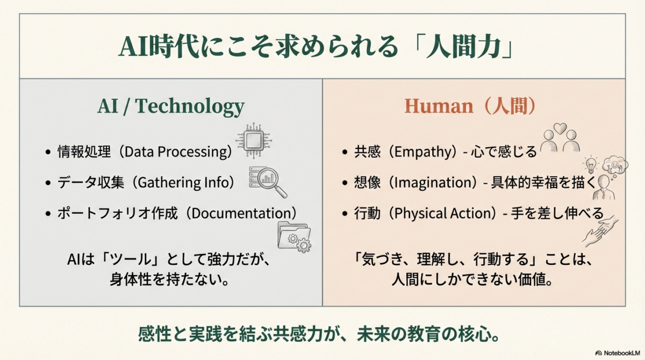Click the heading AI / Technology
[x=171, y=106]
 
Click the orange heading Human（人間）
[x=470, y=106]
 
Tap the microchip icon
[x=254, y=140]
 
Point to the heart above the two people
[x=560, y=128]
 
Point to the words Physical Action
[x=442, y=213]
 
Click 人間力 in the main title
[x=463, y=47]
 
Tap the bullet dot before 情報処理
[x=48, y=152]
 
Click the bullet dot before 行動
[x=345, y=214]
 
